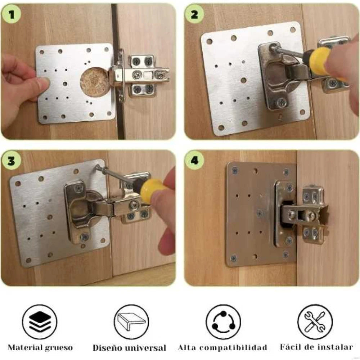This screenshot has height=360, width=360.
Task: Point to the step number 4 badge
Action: click(195, 161)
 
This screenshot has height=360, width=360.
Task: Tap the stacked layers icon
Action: click(40, 321)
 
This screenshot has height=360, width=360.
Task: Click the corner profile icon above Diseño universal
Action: click(131, 321)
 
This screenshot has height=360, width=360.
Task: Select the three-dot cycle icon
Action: click(223, 321)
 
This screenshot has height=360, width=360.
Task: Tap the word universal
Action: click(146, 348)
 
